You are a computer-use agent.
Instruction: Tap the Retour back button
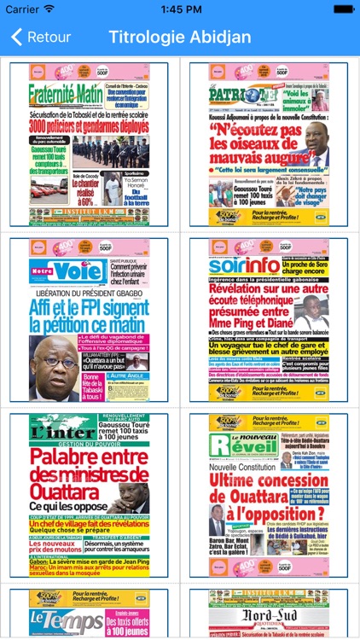(x=41, y=38)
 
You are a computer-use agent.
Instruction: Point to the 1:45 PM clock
(x=180, y=9)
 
